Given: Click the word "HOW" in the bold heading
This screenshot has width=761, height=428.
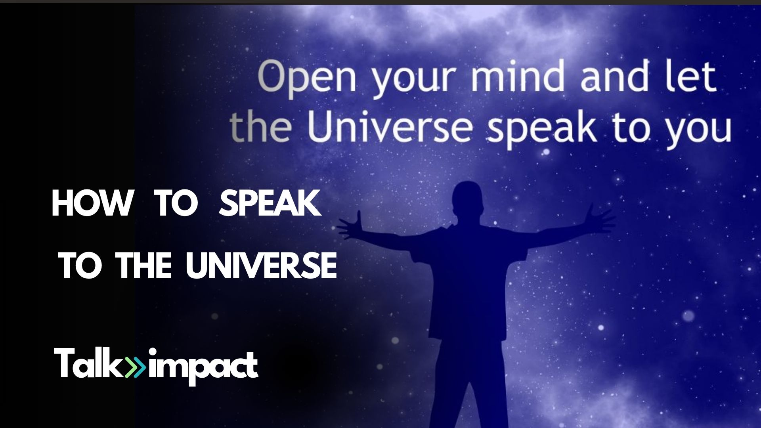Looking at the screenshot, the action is click(x=92, y=203).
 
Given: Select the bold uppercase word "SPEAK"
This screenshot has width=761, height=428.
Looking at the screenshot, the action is click(x=270, y=203).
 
